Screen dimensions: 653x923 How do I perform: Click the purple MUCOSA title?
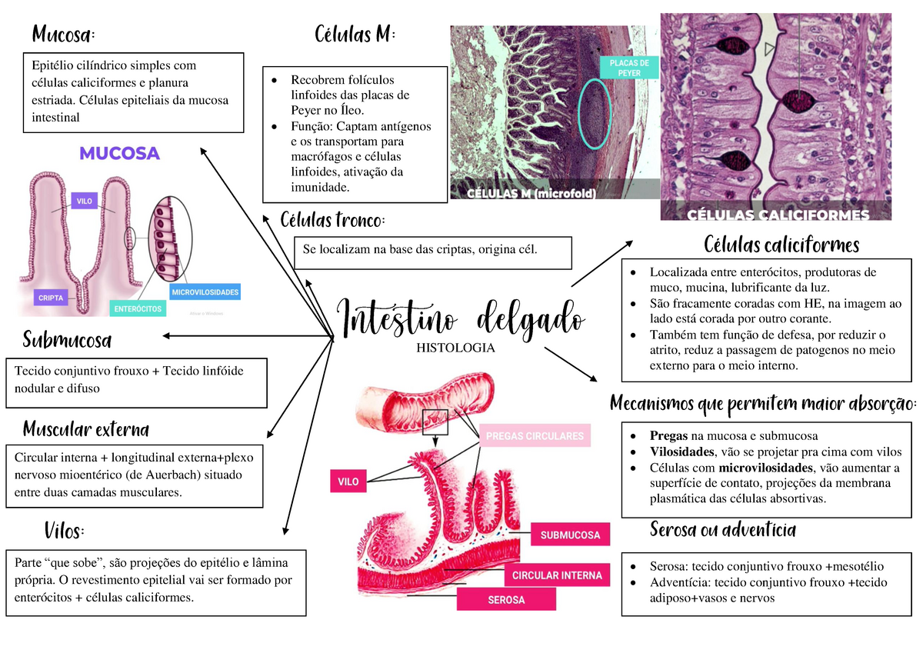(x=119, y=153)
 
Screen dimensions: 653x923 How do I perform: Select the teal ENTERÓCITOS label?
(x=138, y=308)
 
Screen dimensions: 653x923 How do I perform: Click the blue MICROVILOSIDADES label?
(x=205, y=292)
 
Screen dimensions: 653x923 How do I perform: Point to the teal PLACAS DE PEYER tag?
(x=629, y=68)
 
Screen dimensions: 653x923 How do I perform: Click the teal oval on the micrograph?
(x=595, y=112)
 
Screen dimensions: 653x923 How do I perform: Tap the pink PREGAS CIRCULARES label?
(x=535, y=436)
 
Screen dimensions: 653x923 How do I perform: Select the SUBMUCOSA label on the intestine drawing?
(x=570, y=535)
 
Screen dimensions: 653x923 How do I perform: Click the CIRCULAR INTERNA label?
(x=557, y=575)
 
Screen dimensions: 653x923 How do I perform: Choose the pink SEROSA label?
(x=506, y=599)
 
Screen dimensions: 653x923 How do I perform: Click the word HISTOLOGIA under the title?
(x=455, y=348)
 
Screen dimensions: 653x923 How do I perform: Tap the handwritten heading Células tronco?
(x=332, y=221)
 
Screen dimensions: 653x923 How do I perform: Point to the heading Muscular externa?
(x=85, y=428)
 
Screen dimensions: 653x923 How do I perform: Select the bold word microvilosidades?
(x=766, y=468)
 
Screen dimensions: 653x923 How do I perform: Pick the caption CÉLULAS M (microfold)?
(x=531, y=194)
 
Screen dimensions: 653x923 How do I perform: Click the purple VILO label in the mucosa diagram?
(x=84, y=202)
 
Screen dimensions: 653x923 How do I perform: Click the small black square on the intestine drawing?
(x=435, y=421)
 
